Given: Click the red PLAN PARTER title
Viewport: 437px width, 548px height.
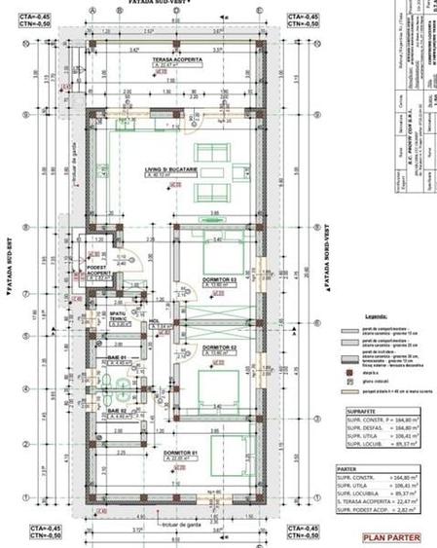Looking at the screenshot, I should pyautogui.click(x=390, y=536).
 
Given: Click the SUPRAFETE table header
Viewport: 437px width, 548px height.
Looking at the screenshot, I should pyautogui.click(x=357, y=412).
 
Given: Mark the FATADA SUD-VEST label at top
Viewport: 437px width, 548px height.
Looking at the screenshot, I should pyautogui.click(x=157, y=4).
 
